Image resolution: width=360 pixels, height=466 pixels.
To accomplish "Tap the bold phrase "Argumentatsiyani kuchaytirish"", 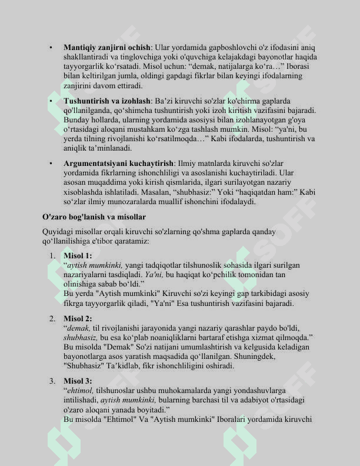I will click(118, 163).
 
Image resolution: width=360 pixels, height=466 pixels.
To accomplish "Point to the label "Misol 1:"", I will click(78, 255).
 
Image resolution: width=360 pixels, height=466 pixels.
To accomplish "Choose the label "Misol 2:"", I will click(78, 318).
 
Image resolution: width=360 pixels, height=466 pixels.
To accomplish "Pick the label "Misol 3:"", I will click(78, 381).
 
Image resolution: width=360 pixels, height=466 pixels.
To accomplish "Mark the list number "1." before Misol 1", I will click(52, 255).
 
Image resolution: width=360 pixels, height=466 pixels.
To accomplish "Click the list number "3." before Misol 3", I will click(52, 381).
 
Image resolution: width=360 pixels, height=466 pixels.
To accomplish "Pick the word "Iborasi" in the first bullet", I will click(302, 66).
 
